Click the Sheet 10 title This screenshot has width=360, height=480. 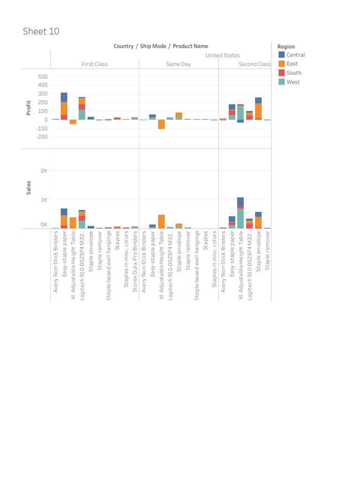click(41, 31)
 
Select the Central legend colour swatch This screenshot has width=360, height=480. click(281, 54)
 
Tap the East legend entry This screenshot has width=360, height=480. click(292, 64)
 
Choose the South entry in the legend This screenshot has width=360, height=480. click(294, 73)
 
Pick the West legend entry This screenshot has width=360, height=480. click(293, 82)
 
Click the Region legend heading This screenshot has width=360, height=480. click(286, 46)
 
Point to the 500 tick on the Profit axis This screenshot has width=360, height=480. click(43, 76)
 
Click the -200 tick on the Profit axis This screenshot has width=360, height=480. click(41, 137)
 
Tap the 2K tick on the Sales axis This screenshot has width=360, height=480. click(44, 171)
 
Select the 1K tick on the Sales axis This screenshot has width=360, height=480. click(44, 200)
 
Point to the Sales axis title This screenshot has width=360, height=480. click(29, 188)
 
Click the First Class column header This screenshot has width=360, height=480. click(95, 64)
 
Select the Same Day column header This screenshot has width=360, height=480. click(179, 64)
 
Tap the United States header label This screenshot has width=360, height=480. click(223, 55)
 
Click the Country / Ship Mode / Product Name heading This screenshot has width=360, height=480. click(161, 46)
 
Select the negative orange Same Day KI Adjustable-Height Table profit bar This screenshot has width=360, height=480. click(161, 124)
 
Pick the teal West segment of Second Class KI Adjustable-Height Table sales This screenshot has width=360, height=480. click(240, 218)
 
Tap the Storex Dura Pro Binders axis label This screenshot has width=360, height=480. click(135, 255)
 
